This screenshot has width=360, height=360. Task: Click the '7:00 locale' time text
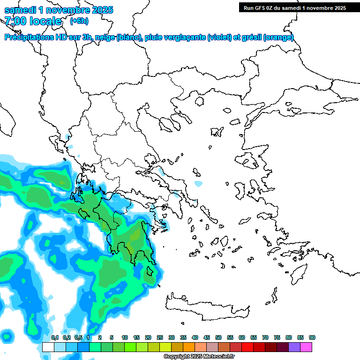point(33,21)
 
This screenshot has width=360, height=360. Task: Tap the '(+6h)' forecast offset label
point(79,21)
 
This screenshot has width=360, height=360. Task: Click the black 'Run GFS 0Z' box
point(294,7)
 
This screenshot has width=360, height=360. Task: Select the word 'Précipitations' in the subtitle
point(28,37)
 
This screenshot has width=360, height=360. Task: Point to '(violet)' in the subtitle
point(218,37)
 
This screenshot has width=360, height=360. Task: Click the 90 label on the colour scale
point(312,337)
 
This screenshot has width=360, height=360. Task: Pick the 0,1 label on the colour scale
point(54,337)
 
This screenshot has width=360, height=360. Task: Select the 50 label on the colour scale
point(218,337)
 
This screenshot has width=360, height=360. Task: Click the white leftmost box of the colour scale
point(48,347)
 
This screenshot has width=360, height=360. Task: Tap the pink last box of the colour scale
point(306,347)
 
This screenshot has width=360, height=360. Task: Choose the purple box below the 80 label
point(294,347)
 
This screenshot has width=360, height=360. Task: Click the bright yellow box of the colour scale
point(165,347)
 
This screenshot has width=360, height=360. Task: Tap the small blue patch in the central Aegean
point(198,183)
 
